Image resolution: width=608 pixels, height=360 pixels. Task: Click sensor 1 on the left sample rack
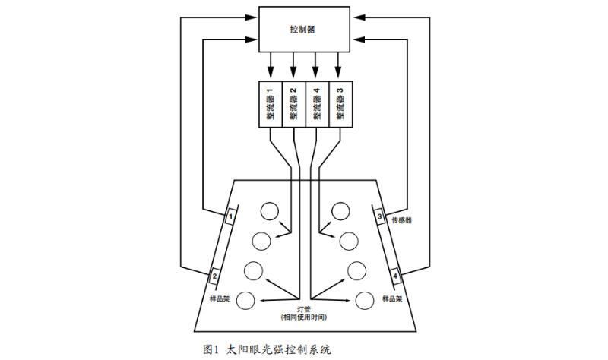pyautogui.click(x=230, y=217)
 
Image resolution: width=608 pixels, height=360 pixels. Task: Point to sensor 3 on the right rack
pyautogui.click(x=380, y=217)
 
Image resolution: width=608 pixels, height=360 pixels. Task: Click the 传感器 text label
pyautogui.click(x=402, y=221)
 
